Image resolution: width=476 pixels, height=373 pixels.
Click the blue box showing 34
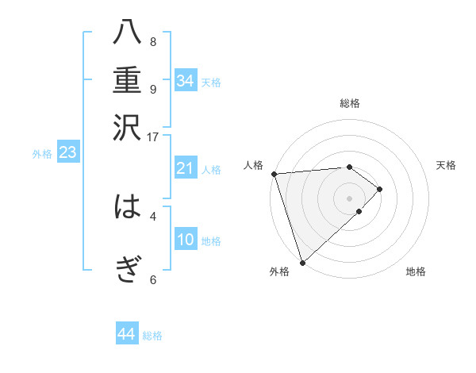[x=186, y=81]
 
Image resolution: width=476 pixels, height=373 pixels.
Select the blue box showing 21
[x=186, y=168]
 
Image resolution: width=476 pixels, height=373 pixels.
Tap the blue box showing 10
[x=186, y=240]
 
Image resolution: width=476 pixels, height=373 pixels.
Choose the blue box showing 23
[x=67, y=152]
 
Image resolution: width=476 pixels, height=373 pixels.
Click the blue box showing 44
[x=126, y=334]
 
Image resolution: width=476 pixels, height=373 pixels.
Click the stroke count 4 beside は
[x=152, y=215]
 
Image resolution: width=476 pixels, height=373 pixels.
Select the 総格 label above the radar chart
[x=350, y=103]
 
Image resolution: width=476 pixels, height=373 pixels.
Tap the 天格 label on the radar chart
[x=446, y=165]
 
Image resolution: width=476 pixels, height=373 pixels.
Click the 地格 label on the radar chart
[x=416, y=272]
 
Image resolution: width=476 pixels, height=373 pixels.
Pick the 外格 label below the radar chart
[x=279, y=272]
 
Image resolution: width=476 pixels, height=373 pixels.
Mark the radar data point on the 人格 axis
[x=274, y=174]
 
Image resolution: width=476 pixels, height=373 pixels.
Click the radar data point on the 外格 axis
[x=302, y=262]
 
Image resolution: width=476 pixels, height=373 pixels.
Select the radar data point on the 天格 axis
[x=380, y=189]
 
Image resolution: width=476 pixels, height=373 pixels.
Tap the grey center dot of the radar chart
[x=350, y=198]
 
